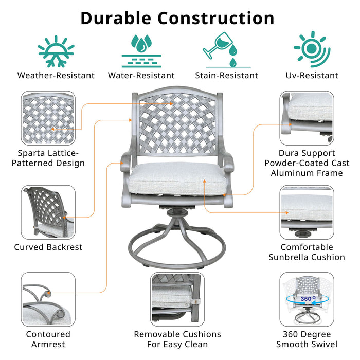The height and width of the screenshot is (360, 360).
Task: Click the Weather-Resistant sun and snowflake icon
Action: point(56,51)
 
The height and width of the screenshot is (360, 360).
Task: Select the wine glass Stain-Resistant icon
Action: point(226,50)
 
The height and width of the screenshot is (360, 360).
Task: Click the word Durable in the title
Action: point(116,18)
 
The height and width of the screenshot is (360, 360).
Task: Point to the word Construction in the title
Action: point(215,18)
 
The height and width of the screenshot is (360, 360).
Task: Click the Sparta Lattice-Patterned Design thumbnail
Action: point(48,118)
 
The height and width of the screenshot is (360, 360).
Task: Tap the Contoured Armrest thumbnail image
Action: point(48,299)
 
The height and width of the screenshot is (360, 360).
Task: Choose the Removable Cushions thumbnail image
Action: point(177,299)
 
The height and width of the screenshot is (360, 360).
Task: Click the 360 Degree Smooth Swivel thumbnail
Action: point(307,299)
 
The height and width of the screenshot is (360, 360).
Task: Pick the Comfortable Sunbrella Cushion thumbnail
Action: point(307,211)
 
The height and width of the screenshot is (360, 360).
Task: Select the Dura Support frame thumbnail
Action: point(307,118)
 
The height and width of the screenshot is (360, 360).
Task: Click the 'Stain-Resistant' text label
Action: point(226,76)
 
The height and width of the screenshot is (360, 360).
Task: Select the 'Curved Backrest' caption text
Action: point(48,247)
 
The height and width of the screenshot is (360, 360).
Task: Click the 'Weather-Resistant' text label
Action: point(56,76)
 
